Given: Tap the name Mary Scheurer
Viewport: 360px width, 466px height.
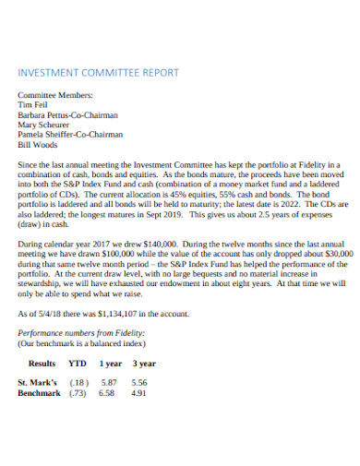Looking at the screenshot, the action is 44,124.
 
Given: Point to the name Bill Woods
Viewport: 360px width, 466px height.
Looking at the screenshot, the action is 38,144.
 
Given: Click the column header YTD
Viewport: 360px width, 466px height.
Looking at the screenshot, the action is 79,364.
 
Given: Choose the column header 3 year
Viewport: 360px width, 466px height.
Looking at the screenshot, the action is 144,364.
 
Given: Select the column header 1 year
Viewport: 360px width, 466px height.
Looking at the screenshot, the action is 110,364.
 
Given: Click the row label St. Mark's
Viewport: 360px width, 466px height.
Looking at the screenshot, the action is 38,382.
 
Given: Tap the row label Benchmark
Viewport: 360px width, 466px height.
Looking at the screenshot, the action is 39,392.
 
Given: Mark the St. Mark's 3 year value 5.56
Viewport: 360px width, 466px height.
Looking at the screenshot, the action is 139,382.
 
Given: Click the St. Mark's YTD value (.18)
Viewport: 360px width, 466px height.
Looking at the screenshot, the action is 79,382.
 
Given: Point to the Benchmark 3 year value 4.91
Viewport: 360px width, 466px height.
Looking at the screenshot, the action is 139,392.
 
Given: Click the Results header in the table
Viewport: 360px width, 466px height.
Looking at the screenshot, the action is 42,364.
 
